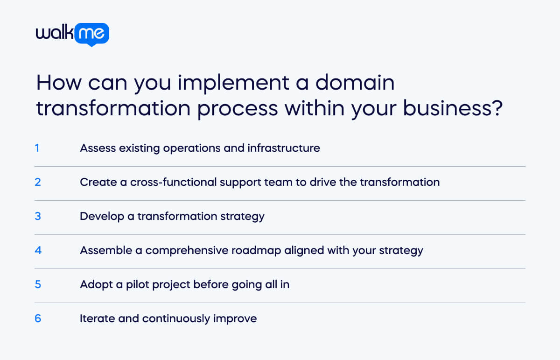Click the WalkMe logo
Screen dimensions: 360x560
click(72, 34)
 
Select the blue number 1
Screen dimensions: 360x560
click(37, 148)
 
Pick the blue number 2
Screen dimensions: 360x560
click(38, 182)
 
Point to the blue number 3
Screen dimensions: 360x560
click(38, 216)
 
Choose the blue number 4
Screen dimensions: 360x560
click(38, 250)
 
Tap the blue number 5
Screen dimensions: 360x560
click(38, 284)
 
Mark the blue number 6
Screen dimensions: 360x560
click(38, 318)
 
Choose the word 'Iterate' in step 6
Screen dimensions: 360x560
click(97, 318)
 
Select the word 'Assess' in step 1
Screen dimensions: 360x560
click(96, 148)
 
